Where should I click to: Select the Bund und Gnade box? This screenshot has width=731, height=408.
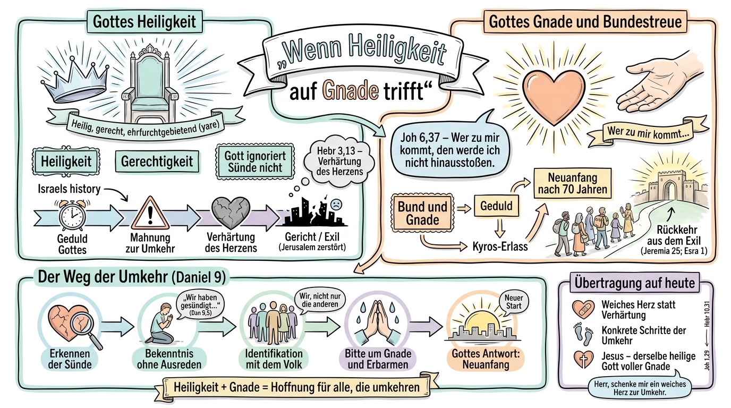point(418,212)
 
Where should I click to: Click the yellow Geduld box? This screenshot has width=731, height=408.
point(497,206)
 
